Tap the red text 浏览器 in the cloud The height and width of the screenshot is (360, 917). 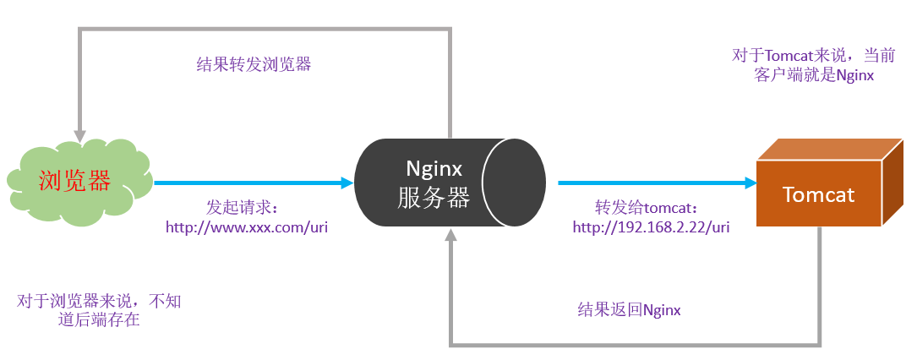click(x=75, y=181)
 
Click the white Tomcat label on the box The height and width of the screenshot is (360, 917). click(x=818, y=195)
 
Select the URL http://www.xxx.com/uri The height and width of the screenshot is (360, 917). click(x=246, y=227)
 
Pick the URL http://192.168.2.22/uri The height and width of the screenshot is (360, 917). click(x=651, y=226)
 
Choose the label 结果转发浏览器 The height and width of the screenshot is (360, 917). click(x=254, y=64)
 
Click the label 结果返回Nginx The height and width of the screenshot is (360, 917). click(x=629, y=310)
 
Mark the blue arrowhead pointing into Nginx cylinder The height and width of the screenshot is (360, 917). click(x=347, y=183)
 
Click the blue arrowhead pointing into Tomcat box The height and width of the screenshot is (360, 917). click(x=749, y=183)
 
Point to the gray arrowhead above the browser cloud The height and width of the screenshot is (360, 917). click(x=80, y=136)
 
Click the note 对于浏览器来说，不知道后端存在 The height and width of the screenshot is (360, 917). click(x=100, y=310)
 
